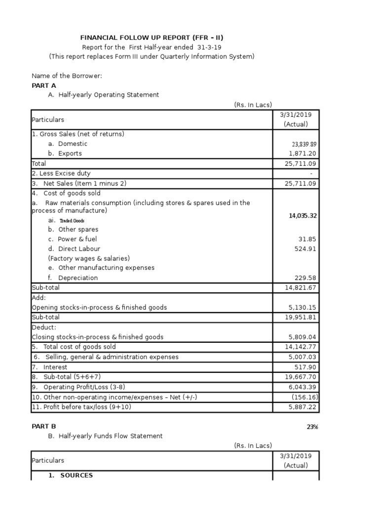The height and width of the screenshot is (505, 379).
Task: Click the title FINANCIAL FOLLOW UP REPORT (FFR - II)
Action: (x=148, y=37)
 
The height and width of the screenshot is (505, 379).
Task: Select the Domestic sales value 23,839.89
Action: (x=304, y=144)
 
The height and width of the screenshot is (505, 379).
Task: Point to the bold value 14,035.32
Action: (x=303, y=216)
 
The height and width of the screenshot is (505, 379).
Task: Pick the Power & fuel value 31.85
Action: (x=308, y=239)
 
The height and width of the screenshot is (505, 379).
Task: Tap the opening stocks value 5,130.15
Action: (x=303, y=307)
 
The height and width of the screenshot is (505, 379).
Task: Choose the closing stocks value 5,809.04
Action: (x=303, y=337)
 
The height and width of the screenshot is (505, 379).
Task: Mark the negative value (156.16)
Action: (x=304, y=397)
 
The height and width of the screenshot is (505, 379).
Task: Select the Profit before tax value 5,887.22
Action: (x=303, y=407)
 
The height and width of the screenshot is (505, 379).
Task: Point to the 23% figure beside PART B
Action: (x=312, y=427)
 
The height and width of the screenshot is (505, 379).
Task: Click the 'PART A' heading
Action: (x=44, y=85)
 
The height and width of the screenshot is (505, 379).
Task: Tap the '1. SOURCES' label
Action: (x=71, y=475)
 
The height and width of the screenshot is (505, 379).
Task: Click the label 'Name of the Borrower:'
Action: (x=67, y=76)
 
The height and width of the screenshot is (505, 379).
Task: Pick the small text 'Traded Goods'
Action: (x=72, y=220)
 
